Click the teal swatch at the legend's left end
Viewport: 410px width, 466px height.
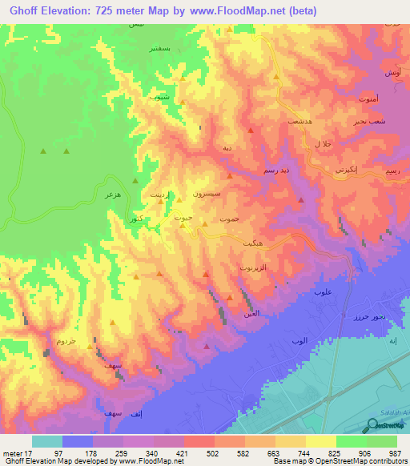[46, 441]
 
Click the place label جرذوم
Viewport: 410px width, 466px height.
[66, 341]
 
